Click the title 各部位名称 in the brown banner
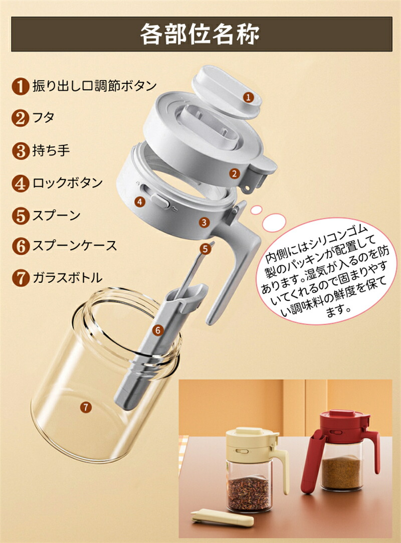click(200, 34)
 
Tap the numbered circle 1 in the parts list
click(20, 86)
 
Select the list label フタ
click(43, 118)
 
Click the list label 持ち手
click(51, 150)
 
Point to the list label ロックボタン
click(68, 183)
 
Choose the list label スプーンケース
click(75, 246)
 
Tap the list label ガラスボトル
click(68, 277)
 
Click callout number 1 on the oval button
click(248, 97)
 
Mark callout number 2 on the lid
click(235, 173)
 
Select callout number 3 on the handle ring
click(205, 222)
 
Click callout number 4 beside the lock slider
click(140, 201)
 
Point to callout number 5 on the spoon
click(206, 248)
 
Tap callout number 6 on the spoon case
click(158, 330)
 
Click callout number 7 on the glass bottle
click(86, 407)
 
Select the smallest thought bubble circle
click(256, 210)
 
